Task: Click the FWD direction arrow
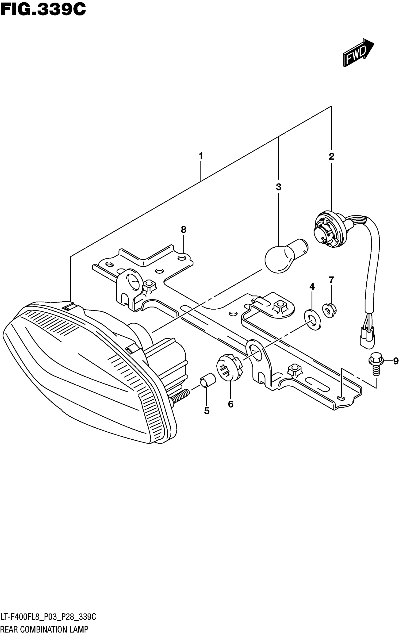[x=358, y=53]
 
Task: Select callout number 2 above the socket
[x=331, y=156]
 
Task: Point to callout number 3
[x=278, y=187]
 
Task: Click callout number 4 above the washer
[x=312, y=286]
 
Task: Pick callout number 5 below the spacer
[x=207, y=411]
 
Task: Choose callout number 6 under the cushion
[x=231, y=404]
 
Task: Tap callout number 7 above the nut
[x=331, y=280]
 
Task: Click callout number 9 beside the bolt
[x=395, y=361]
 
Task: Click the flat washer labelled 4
[x=313, y=320]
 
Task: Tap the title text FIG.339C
[x=43, y=10]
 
